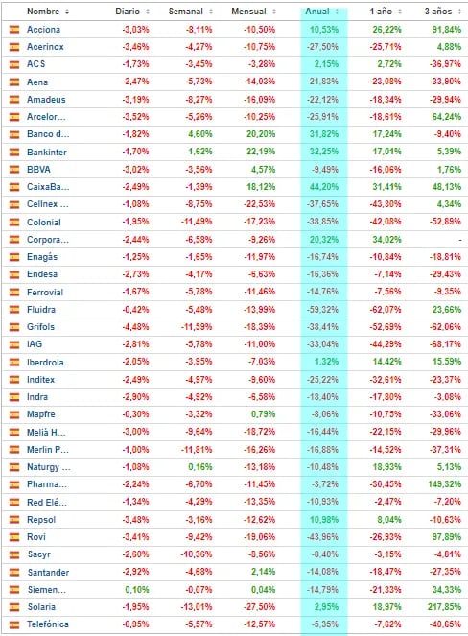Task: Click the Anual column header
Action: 317,12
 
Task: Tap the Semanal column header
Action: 185,12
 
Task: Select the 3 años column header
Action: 438,12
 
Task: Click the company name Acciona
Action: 43,29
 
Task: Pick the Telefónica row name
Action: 48,624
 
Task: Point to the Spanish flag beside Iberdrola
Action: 14,363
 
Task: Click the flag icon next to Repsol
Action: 14,520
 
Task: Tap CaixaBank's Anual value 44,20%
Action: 324,187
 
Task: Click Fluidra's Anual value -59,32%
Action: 323,310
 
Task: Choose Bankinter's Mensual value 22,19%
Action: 261,152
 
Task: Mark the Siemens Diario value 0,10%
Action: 137,589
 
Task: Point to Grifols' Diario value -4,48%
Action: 135,327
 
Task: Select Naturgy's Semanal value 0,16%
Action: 200,467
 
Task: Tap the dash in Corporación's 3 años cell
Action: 460,240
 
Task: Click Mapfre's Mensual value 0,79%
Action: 263,414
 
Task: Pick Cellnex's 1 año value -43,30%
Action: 386,204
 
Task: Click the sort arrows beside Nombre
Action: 67,12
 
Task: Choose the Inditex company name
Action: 40,380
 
